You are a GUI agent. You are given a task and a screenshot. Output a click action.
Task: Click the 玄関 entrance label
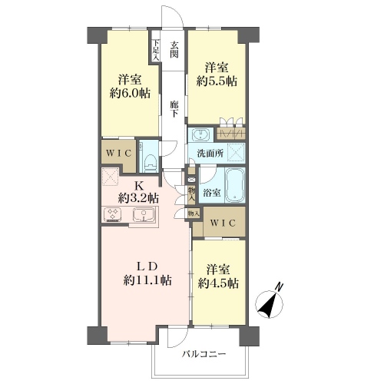[x=174, y=50]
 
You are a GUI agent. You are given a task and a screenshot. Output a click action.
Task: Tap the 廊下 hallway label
[x=174, y=109]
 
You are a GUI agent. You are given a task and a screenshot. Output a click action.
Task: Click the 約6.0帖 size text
[x=130, y=93]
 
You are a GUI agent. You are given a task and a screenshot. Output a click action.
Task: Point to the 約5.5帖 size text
[x=217, y=81]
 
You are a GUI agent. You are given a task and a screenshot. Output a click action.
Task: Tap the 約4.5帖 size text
[x=218, y=283]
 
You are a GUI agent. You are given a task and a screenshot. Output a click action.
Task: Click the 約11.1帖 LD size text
[x=147, y=280]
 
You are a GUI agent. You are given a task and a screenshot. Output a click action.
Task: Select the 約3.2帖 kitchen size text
[x=138, y=198]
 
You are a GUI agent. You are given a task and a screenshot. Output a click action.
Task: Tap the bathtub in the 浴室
[x=235, y=185]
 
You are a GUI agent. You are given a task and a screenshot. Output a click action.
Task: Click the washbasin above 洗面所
[x=200, y=135]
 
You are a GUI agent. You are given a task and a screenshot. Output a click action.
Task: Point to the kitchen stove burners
[x=113, y=214]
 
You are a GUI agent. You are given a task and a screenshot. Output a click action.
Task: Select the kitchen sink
[x=144, y=214]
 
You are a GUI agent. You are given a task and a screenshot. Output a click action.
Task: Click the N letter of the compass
[x=279, y=287]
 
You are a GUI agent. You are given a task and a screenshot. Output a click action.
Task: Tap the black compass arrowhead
[x=267, y=307]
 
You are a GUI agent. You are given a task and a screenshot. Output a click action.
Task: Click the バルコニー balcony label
[x=204, y=354]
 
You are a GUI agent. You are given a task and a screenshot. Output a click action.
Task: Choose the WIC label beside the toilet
[x=119, y=154]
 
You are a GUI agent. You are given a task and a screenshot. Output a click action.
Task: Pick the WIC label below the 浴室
[x=223, y=223]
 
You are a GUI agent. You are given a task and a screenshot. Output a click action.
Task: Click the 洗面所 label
[x=210, y=154]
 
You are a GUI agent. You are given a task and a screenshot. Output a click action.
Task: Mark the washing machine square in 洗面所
[x=236, y=152]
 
